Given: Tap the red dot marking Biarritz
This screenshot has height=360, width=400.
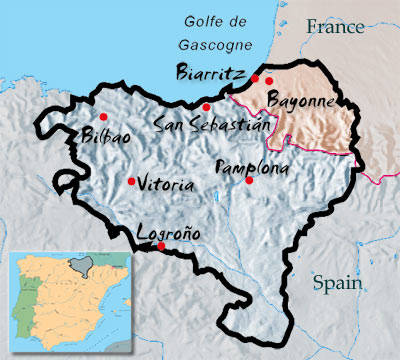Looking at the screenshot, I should (255, 77).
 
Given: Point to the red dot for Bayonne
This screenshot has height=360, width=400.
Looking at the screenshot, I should (269, 80).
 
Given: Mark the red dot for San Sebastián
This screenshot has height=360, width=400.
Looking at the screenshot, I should (205, 107).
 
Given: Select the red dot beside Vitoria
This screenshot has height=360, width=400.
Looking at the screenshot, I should (131, 181).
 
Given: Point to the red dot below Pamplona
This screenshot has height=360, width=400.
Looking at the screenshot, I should (249, 180).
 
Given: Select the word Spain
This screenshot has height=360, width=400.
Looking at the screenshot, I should (336, 283).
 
